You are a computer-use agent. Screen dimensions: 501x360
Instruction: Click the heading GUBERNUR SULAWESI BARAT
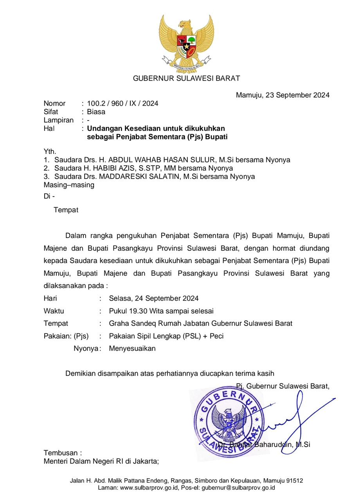tap(186, 78)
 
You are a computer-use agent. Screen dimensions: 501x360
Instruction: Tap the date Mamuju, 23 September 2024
tap(283, 95)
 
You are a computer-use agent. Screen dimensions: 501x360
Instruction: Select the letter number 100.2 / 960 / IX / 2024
tap(122, 104)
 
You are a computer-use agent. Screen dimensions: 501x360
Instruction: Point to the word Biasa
tap(96, 112)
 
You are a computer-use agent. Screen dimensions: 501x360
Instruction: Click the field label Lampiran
tap(59, 120)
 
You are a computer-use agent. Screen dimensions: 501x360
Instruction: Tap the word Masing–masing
tap(69, 185)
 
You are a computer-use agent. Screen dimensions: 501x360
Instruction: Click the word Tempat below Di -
tap(66, 210)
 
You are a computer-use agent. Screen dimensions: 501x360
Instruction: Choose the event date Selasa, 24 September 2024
tap(154, 299)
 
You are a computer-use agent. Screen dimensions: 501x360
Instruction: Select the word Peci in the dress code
tap(216, 336)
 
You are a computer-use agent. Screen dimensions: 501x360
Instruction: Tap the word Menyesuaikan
tap(132, 349)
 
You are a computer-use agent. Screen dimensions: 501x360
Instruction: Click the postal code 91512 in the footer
tap(294, 481)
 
